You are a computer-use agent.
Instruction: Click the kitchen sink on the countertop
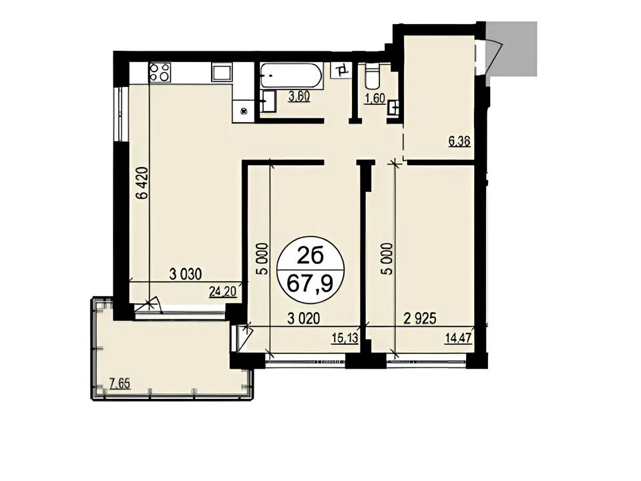222,73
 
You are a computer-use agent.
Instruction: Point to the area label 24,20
223,292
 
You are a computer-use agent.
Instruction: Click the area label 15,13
345,338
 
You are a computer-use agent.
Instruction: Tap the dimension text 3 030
186,274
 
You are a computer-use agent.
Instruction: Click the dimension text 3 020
303,319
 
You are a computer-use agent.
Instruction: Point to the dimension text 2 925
420,318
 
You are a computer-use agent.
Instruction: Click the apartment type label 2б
310,257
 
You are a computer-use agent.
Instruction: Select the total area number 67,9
310,283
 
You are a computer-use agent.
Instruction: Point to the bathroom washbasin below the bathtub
268,101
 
